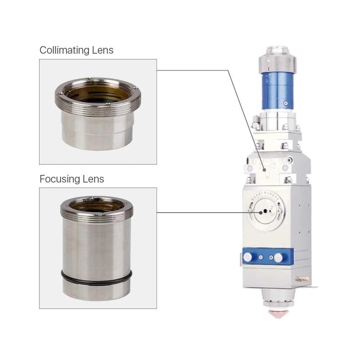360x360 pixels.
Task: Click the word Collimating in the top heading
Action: click(64, 50)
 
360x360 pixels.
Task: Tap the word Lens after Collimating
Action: click(103, 50)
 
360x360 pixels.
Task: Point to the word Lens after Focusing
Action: click(93, 179)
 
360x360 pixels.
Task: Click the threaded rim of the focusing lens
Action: click(96, 216)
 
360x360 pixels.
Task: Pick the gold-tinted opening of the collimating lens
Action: click(98, 94)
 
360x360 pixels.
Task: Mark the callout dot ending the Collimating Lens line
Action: click(265, 170)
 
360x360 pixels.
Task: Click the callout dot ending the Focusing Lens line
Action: click(261, 213)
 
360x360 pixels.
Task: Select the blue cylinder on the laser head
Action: click(278, 91)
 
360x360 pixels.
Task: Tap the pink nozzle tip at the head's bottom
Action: click(278, 314)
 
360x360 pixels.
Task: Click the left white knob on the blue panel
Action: click(248, 257)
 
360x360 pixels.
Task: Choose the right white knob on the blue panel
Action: click(278, 258)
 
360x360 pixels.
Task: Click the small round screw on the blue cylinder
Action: click(285, 103)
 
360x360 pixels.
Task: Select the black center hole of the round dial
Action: click(265, 211)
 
